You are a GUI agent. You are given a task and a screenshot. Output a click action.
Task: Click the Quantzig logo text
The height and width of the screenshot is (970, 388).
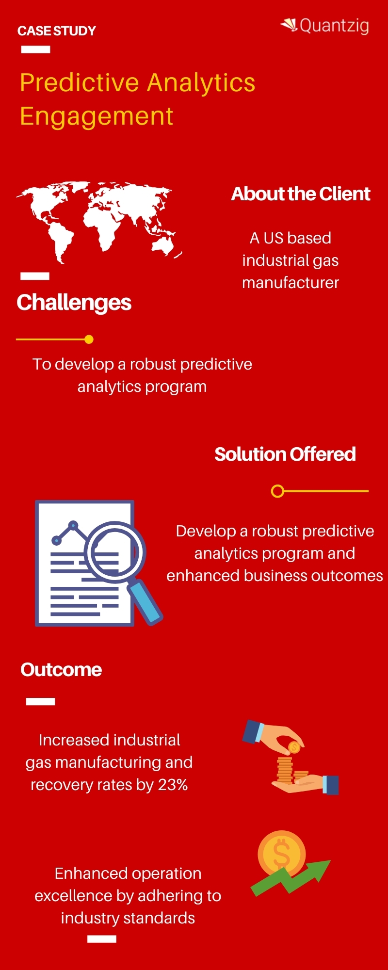[334, 25]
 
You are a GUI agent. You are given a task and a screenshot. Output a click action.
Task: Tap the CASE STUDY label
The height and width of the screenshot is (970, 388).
[57, 31]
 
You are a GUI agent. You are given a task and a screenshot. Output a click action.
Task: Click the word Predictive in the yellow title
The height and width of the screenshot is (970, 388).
[80, 82]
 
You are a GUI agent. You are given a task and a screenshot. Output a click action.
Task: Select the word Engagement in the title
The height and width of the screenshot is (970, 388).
[97, 116]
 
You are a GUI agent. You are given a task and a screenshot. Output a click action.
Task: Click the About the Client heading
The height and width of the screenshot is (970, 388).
[301, 194]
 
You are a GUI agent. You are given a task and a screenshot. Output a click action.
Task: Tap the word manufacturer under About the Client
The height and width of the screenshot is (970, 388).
[291, 283]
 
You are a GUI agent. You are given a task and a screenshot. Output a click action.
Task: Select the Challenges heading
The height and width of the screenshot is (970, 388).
[74, 303]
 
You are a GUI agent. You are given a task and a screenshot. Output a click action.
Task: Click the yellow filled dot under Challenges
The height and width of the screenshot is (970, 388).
[89, 339]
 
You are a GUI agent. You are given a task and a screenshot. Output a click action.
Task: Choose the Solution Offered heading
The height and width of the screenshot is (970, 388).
[285, 454]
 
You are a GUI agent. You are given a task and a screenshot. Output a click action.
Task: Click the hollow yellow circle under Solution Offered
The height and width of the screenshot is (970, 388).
[277, 491]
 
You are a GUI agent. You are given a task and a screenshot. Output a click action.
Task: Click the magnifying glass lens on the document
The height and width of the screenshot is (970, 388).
[115, 552]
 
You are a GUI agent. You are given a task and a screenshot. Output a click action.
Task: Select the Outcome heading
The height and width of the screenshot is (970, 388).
[61, 670]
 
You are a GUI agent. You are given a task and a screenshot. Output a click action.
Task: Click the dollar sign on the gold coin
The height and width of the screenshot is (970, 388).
[282, 854]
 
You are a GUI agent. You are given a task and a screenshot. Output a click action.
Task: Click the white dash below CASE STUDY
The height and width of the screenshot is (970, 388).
[36, 49]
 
